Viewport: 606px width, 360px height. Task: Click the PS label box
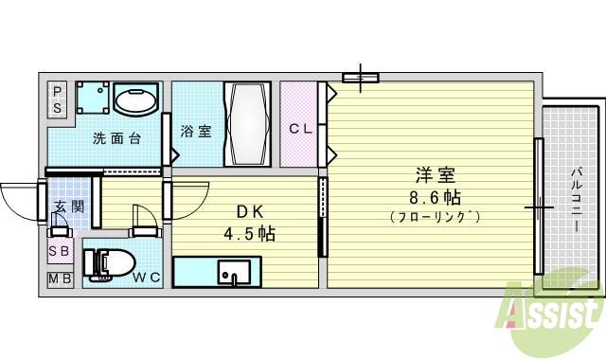pos(58,99)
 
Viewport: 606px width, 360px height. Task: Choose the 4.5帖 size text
pos(248,233)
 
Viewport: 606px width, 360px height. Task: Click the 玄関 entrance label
pos(68,207)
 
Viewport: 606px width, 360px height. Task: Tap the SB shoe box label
pos(58,252)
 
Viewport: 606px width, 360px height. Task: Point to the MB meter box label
pos(58,279)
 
